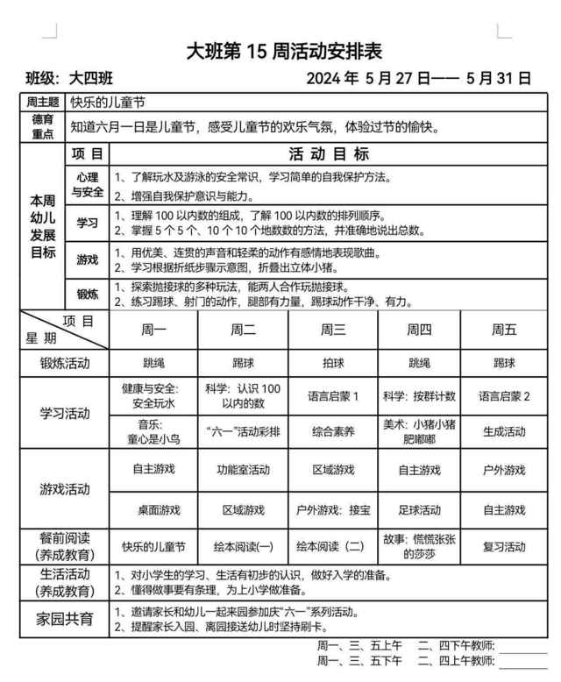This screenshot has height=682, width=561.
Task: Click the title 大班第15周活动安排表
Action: click(x=284, y=51)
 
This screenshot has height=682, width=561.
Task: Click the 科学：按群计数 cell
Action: click(x=419, y=396)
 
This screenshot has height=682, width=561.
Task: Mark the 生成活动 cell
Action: click(x=504, y=431)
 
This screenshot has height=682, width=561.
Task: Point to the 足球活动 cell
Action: click(x=419, y=509)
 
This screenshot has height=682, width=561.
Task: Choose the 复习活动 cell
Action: click(x=504, y=546)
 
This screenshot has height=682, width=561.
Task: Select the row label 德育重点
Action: click(x=43, y=126)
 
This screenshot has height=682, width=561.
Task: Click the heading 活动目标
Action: click(x=329, y=154)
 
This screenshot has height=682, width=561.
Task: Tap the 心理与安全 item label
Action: click(x=88, y=184)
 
